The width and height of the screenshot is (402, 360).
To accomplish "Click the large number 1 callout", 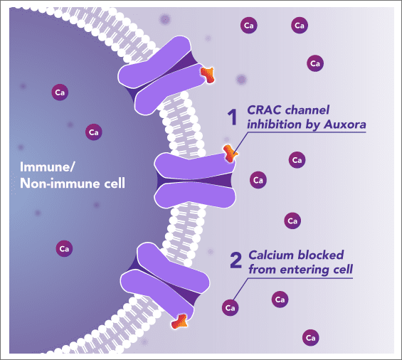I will (x=231, y=117).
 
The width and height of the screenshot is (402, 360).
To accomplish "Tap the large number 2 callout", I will (x=236, y=260).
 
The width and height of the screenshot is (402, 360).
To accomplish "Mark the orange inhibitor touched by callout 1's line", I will (x=229, y=153).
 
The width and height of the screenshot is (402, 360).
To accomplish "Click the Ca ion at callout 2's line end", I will (x=230, y=308).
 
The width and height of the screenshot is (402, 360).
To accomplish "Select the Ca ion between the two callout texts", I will (x=291, y=221).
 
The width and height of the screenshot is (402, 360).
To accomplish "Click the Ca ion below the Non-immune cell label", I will (x=63, y=248).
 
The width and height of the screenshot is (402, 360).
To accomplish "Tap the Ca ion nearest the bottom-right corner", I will (x=310, y=337).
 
